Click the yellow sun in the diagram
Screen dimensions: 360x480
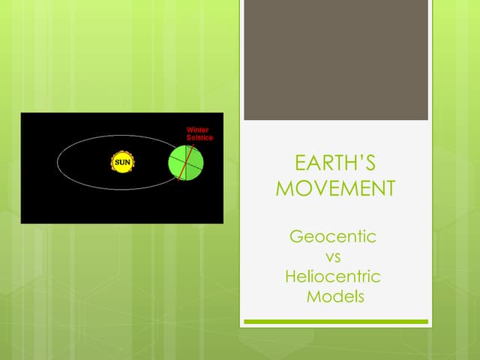[x=121, y=163]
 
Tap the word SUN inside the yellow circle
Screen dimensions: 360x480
[x=121, y=163]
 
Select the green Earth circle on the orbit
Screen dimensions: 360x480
[x=185, y=163]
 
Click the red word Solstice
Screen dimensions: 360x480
[x=199, y=138]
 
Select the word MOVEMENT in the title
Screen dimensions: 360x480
[x=335, y=188]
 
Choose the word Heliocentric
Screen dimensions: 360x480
[x=333, y=277]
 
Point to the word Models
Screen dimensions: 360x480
[x=335, y=296]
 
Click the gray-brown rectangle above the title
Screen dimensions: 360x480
[x=335, y=60]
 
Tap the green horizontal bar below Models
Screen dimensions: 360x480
[x=335, y=322]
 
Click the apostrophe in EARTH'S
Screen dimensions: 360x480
[x=361, y=158]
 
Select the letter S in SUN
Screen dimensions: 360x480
[x=115, y=163]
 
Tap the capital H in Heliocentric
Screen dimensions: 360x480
[x=291, y=277]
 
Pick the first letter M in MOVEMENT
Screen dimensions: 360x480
[x=285, y=188]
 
